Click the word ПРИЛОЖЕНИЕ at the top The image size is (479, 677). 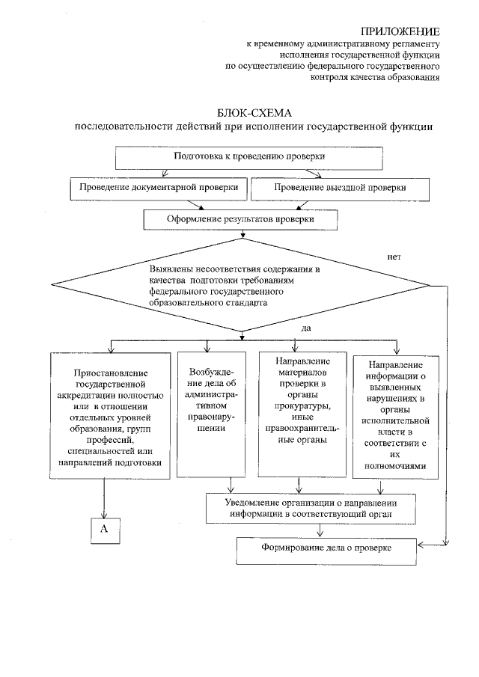coord(400,31)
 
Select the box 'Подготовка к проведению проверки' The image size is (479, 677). coord(249,157)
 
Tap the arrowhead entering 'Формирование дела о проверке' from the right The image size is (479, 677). coord(444,545)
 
